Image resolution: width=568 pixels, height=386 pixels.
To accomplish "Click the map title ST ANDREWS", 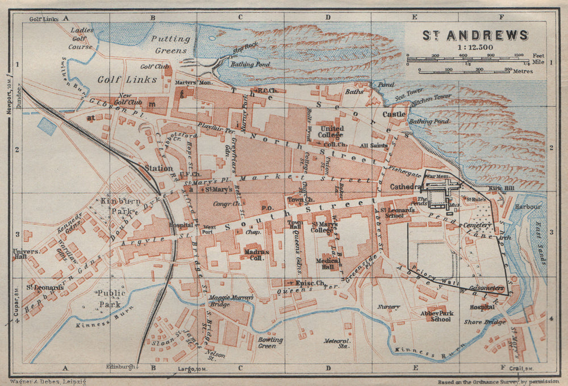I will click(x=475, y=35).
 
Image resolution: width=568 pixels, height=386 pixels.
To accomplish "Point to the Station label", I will click(x=158, y=168).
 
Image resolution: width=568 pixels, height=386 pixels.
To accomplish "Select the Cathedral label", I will click(x=403, y=187).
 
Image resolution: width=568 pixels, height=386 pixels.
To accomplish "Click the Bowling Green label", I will click(x=270, y=343).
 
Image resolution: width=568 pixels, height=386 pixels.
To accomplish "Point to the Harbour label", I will click(x=528, y=207).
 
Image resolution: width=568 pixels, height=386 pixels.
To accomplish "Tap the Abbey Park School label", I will click(x=436, y=316).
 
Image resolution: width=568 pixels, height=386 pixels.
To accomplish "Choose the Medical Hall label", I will click(x=328, y=264).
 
